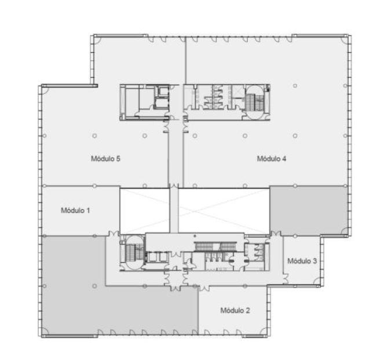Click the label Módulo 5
[105, 159]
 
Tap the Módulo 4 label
[272, 159]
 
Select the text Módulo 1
[75, 210]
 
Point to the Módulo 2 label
[235, 310]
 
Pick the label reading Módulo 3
[302, 261]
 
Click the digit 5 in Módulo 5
[118, 159]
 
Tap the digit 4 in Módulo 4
[284, 159]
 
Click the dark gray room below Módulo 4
[309, 211]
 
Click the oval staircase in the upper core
[255, 102]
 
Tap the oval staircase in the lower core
[133, 253]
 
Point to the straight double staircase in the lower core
[216, 246]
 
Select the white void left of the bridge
[145, 210]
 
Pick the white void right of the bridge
[224, 210]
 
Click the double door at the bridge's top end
[174, 186]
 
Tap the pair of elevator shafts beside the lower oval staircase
[156, 257]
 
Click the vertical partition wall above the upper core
[186, 60]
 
